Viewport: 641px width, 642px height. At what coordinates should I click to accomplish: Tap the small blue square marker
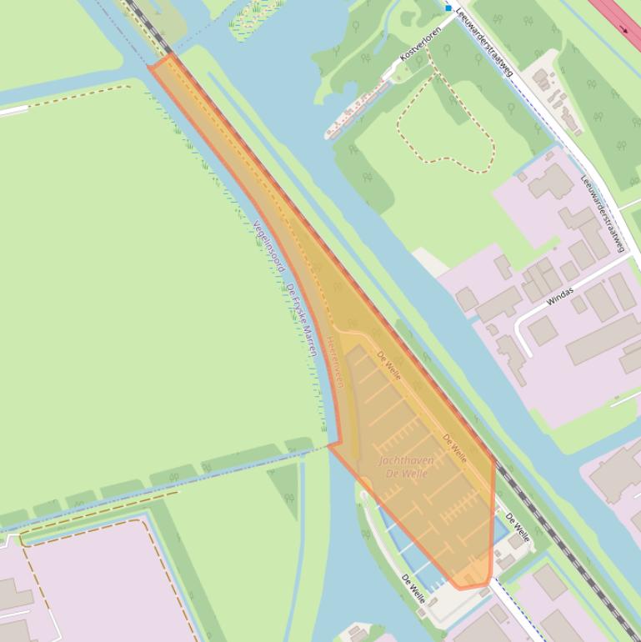click(448, 8)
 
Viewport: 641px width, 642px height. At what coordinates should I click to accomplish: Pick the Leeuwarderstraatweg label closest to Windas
click(601, 213)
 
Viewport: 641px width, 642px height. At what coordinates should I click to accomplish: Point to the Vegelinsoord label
click(268, 247)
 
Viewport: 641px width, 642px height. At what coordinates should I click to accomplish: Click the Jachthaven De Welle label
click(406, 467)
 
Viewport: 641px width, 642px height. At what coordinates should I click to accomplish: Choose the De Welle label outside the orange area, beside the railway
click(517, 525)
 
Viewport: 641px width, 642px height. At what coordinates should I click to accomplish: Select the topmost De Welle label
click(388, 364)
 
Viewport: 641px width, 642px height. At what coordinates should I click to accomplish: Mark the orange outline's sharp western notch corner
click(329, 444)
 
